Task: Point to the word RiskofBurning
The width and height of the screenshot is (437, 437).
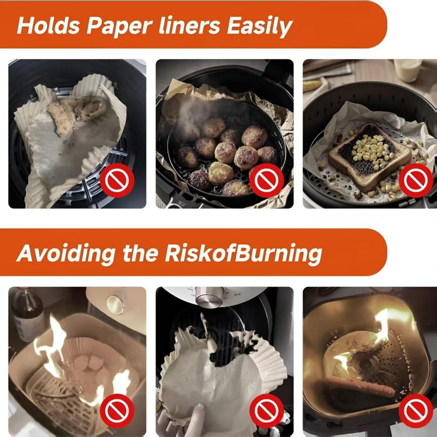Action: [x=243, y=253]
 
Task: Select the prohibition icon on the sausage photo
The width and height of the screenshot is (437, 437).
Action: [x=416, y=411]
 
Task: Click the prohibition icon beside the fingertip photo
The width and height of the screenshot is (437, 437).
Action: [x=267, y=411]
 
